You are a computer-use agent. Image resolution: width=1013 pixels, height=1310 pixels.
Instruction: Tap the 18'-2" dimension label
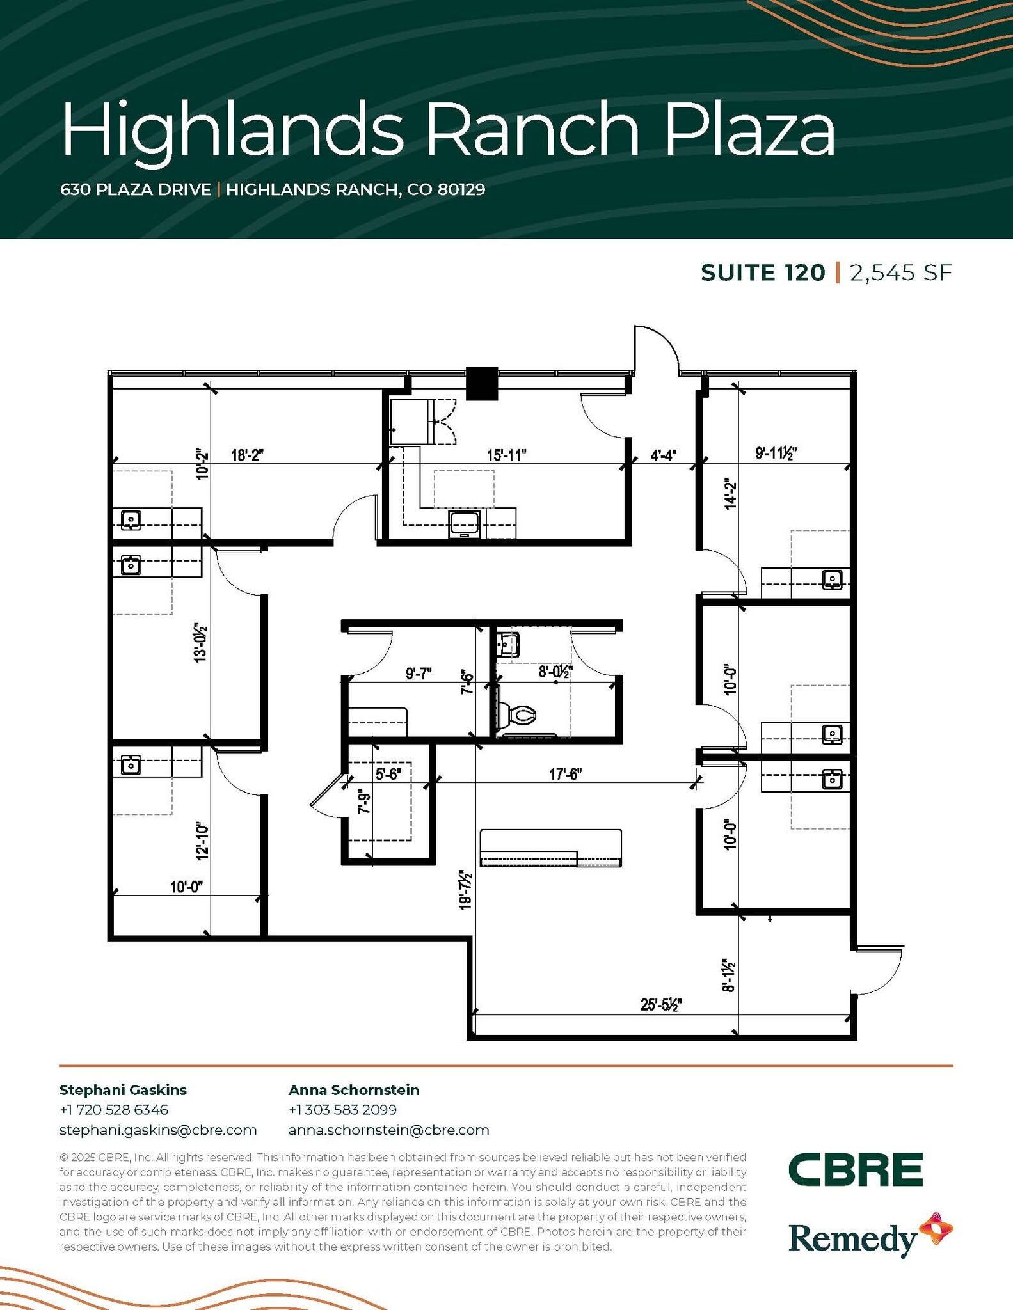(247, 455)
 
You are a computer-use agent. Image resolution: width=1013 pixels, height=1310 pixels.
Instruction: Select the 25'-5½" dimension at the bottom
(661, 1005)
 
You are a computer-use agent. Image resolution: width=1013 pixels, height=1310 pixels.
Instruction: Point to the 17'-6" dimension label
(565, 774)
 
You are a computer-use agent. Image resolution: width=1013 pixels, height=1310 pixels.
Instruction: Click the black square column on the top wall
(481, 383)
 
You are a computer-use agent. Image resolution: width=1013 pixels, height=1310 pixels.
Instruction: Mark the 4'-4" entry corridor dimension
(664, 455)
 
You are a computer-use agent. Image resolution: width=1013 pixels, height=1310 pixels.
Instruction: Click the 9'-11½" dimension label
(776, 454)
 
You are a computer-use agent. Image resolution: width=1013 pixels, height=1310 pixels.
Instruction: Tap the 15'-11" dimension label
(506, 455)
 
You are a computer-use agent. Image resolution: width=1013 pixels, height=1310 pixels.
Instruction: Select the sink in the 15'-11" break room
(464, 523)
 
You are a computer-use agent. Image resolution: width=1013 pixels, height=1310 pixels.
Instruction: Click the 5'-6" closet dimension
(388, 774)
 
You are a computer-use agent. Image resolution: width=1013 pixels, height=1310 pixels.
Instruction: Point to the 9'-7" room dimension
(419, 674)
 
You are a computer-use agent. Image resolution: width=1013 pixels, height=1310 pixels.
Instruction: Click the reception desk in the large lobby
(550, 848)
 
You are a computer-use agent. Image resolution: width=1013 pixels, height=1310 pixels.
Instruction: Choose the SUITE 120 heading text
(763, 273)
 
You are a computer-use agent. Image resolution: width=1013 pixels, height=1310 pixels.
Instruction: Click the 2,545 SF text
(901, 273)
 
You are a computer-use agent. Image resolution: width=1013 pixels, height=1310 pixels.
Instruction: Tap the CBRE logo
(855, 1169)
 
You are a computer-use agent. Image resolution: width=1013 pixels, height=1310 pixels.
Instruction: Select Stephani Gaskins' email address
(158, 1130)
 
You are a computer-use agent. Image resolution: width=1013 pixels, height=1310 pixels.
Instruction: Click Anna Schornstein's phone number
(342, 1110)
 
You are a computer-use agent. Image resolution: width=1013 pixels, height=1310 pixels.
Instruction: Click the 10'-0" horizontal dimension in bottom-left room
(186, 887)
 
